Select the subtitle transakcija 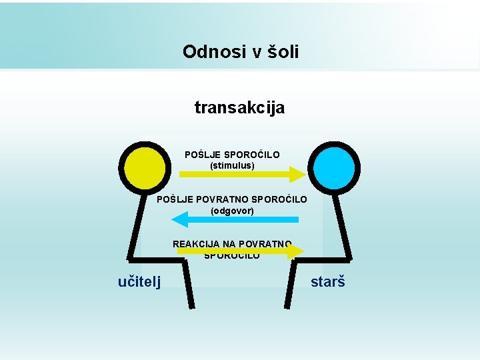(239, 107)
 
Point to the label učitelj (139, 282)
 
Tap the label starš (328, 282)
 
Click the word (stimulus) (232, 165)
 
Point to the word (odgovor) (232, 211)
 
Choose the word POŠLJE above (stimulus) (199, 155)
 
